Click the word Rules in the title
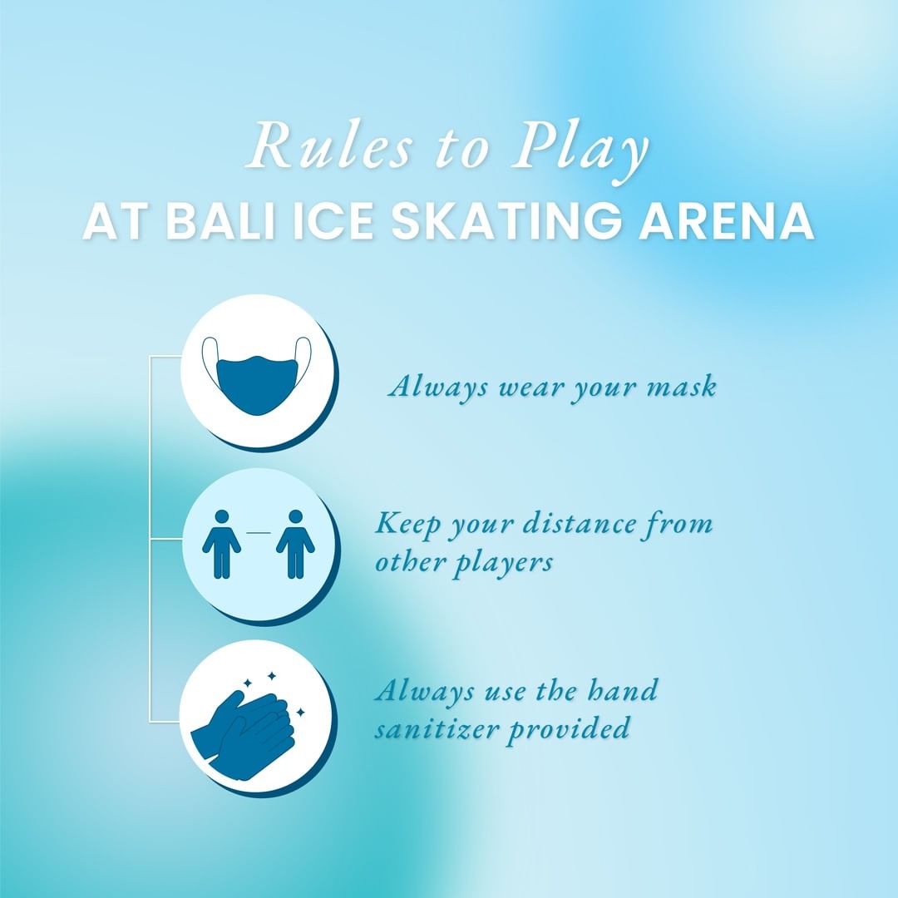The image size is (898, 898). pos(330,146)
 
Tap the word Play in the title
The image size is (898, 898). pos(580,150)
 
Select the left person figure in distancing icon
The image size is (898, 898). pos(222,544)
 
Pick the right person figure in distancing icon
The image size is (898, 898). pos(295,544)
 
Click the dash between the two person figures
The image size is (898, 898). pos(259,533)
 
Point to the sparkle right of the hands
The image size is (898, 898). pos(300,713)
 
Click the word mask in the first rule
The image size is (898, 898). pos(682,387)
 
